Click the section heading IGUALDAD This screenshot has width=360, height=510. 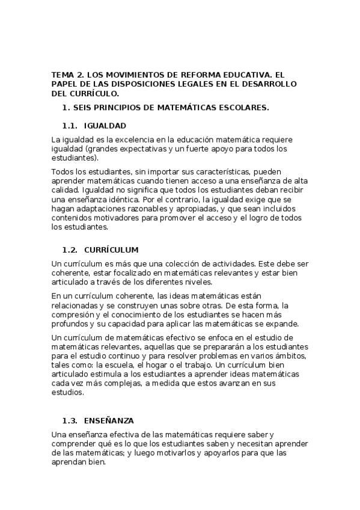(105, 126)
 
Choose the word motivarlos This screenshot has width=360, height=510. (191, 452)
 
